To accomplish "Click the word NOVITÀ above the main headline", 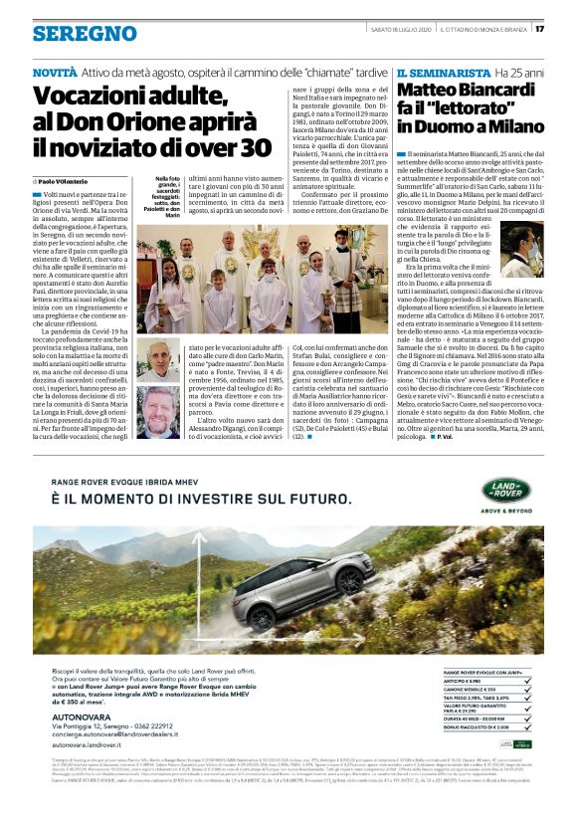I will (54, 74).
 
